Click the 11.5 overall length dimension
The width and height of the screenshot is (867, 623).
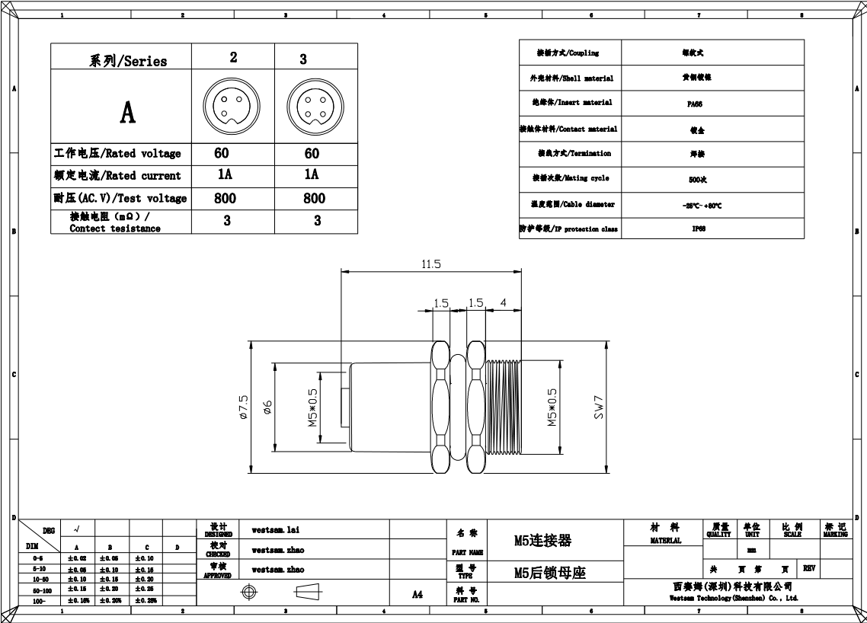[x=430, y=264]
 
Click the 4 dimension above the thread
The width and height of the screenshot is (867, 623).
[x=503, y=303]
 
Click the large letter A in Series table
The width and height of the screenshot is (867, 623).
[x=127, y=112]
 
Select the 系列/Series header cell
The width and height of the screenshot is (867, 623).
[x=128, y=60]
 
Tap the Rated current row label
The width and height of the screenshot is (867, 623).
[x=117, y=175]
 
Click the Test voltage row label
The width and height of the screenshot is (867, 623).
[x=120, y=198]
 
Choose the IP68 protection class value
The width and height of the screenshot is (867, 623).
[x=698, y=228]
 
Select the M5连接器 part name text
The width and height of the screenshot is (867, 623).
[x=542, y=541]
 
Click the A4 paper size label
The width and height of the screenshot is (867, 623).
[x=417, y=594]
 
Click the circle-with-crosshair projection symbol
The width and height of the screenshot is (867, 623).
[x=248, y=592]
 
